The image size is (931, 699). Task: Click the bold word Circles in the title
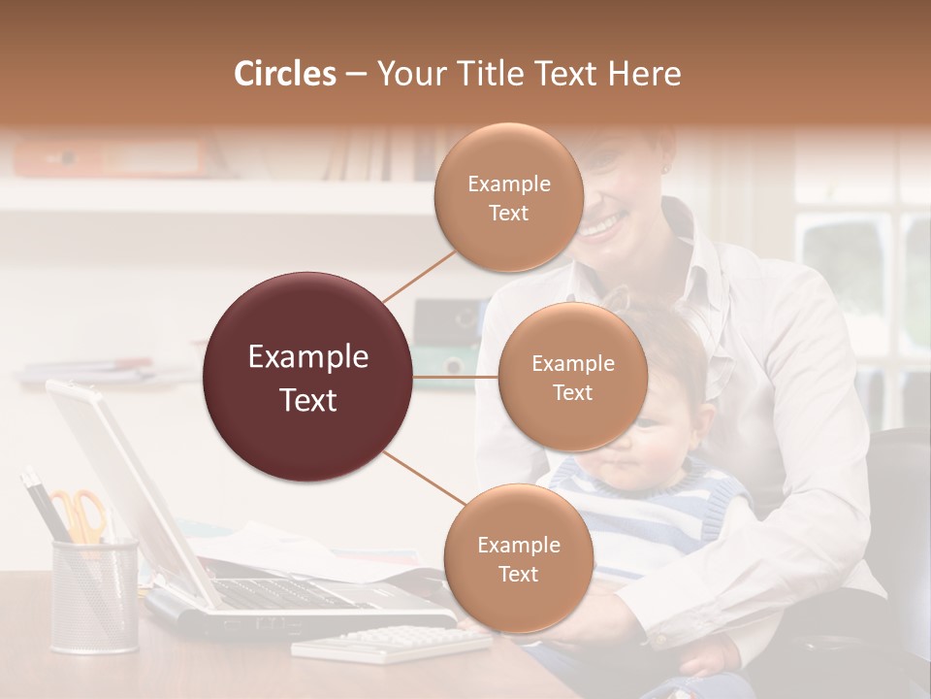[x=285, y=74]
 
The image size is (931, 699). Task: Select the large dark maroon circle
[x=308, y=377]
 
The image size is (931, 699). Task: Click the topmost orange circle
[x=508, y=197]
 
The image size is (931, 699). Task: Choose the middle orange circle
[x=572, y=377]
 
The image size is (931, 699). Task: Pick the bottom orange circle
[x=518, y=558]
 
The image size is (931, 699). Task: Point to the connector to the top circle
[x=419, y=276]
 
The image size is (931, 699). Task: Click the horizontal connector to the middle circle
[x=456, y=377]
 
